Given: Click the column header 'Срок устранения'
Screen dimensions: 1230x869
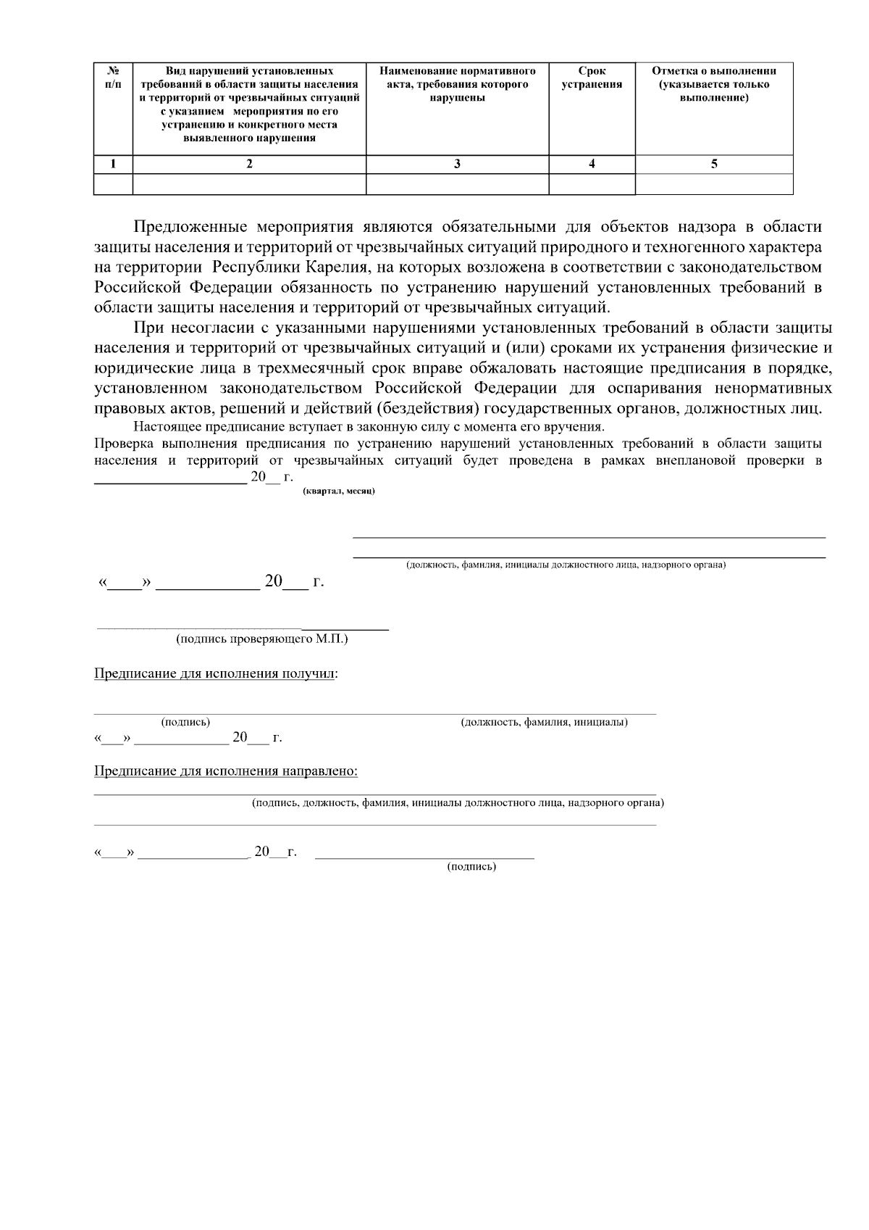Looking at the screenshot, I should coord(592,78).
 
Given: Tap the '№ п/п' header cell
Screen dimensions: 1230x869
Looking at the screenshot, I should coord(113,78).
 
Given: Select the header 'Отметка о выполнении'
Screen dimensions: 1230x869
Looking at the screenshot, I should coord(714,84).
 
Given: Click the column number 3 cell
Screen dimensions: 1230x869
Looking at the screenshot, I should coord(457,164).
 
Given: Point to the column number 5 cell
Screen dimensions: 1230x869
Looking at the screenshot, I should coord(714,164).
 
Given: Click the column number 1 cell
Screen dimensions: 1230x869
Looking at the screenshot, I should coord(113,164).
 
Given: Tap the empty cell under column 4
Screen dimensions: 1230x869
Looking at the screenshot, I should coord(592,185).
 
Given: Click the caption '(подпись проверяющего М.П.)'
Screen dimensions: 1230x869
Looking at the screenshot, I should coord(261,639).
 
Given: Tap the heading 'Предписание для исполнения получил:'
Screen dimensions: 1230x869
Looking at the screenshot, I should coord(216,673).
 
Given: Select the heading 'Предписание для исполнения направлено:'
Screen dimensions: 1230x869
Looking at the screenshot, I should coord(226,770).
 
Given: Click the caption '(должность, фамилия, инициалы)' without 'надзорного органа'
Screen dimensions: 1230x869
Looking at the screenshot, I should coord(544,722).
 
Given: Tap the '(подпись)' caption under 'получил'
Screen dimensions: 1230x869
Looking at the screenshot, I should coord(185,722).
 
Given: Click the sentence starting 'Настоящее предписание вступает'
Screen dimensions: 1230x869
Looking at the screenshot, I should coord(369,426).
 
